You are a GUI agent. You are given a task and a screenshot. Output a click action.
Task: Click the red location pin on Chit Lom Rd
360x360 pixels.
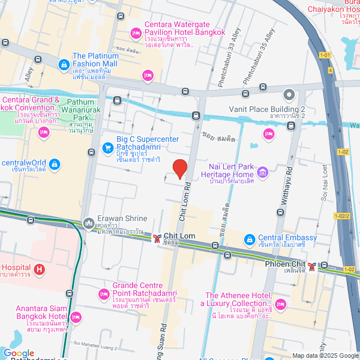tap(179, 168)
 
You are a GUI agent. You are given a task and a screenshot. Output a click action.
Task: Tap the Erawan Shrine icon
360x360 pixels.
tap(88, 224)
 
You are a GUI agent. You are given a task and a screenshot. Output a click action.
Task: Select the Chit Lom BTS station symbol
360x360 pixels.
tap(157, 239)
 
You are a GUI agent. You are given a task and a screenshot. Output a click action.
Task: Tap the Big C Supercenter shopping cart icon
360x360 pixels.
tap(107, 148)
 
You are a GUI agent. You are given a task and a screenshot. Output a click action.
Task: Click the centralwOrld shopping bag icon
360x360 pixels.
tap(54, 164)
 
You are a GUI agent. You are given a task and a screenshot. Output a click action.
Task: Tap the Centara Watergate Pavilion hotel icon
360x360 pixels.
tap(135, 34)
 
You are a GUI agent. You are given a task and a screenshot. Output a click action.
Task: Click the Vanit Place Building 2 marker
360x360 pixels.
tap(289, 94)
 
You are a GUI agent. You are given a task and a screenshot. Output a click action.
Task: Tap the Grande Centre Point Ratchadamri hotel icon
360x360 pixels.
tap(103, 294)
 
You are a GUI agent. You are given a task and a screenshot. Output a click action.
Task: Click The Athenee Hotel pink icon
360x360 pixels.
tap(281, 305)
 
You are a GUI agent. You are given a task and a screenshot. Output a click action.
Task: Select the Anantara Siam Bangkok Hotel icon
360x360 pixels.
tap(76, 317)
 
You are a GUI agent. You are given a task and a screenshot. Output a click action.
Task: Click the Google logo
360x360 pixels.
tap(19, 353)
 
